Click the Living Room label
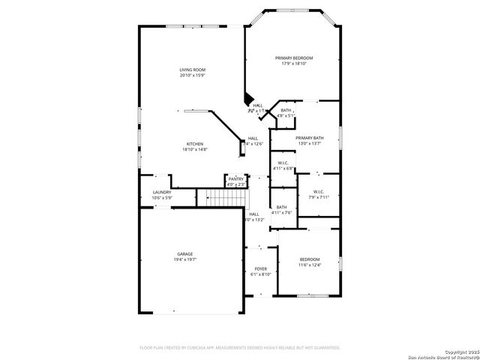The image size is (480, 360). pyautogui.click(x=192, y=70)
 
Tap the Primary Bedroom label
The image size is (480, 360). pyautogui.click(x=294, y=58)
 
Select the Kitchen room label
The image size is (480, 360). pyautogui.click(x=194, y=144)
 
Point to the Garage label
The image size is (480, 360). pyautogui.click(x=184, y=254)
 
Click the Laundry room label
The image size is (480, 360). pyautogui.click(x=162, y=192)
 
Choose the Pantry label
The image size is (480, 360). pyautogui.click(x=236, y=178)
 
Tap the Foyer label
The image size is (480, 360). pyautogui.click(x=260, y=268)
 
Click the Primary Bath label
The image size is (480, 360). pyautogui.click(x=309, y=138)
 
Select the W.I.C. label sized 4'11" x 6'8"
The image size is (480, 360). pyautogui.click(x=283, y=163)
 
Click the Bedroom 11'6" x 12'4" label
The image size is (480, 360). pyautogui.click(x=309, y=259)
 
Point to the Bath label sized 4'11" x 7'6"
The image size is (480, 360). pyautogui.click(x=281, y=207)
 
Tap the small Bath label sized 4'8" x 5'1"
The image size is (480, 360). pyautogui.click(x=286, y=110)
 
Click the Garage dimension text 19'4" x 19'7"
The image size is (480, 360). pyautogui.click(x=184, y=259)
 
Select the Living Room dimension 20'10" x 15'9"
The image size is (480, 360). pyautogui.click(x=192, y=75)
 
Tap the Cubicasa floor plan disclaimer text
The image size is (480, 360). pyautogui.click(x=240, y=347)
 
